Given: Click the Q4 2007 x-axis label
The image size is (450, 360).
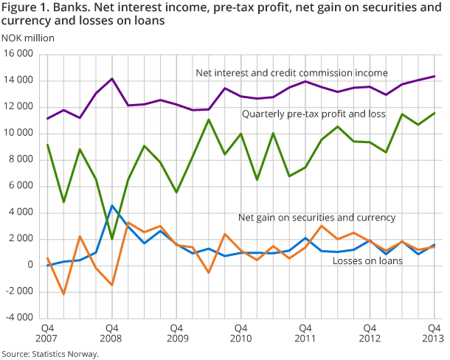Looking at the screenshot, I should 46,332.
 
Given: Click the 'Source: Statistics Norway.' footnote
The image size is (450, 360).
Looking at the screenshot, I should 49,353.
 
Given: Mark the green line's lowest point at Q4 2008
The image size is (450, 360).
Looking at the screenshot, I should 112,238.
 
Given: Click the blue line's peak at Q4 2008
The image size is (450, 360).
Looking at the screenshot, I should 112,206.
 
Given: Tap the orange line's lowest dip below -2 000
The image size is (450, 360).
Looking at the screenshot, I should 63,294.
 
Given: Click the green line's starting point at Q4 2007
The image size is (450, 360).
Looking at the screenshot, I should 47,145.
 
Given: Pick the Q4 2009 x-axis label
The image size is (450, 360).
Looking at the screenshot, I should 176,332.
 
